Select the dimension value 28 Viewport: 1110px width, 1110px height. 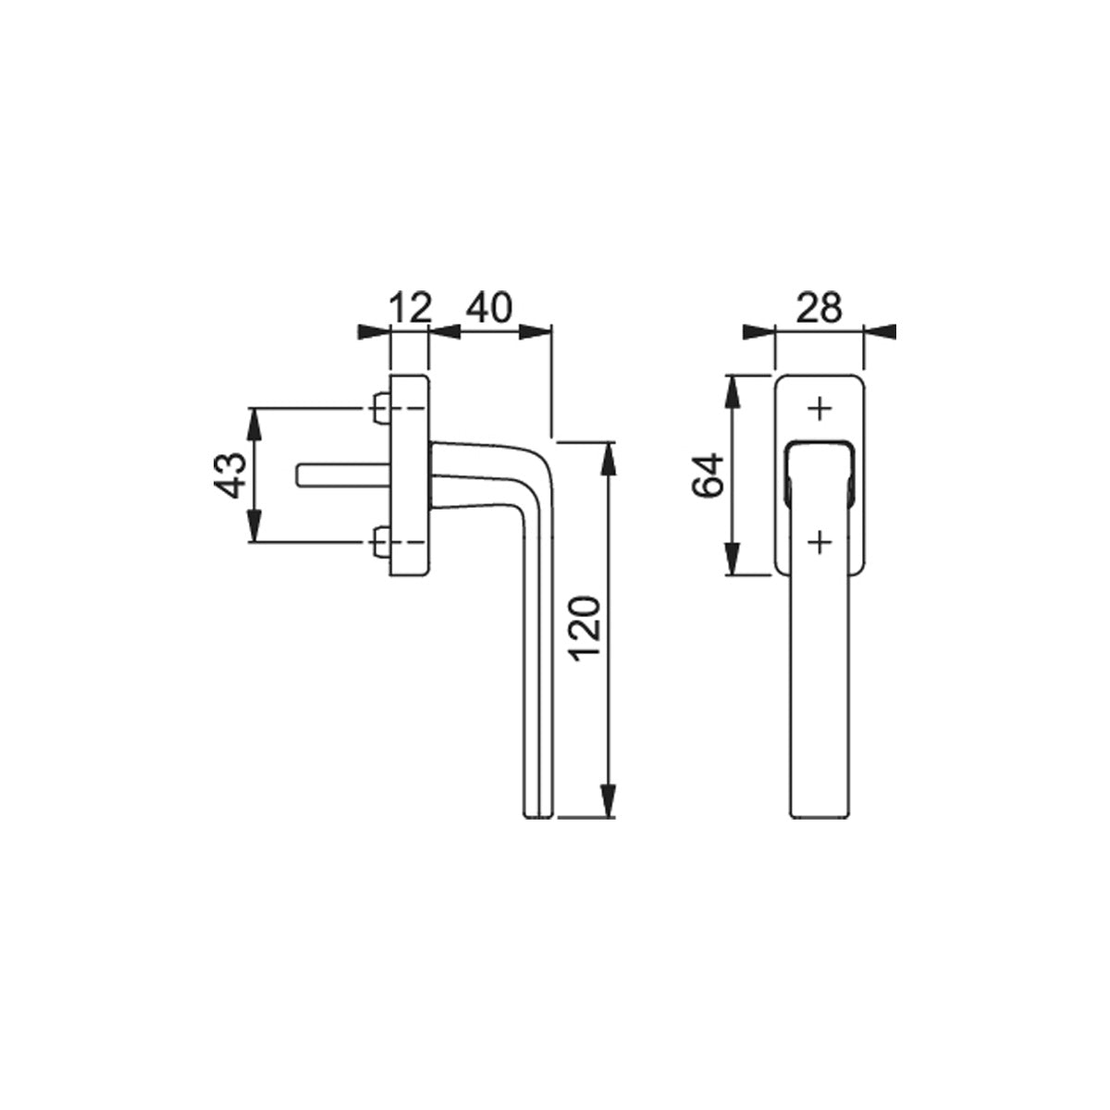[x=820, y=307]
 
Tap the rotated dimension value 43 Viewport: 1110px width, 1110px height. [x=230, y=475]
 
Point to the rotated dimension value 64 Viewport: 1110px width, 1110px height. [x=708, y=475]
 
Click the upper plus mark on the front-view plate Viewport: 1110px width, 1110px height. [x=820, y=409]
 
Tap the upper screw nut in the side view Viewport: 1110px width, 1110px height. [x=381, y=409]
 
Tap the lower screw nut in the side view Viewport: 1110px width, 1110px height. [x=381, y=542]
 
